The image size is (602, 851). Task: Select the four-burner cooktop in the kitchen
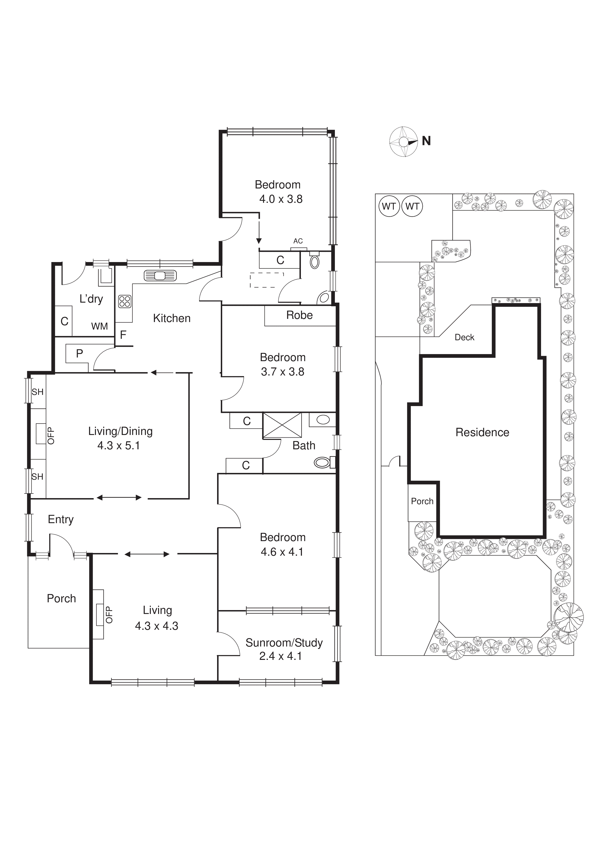coord(125,301)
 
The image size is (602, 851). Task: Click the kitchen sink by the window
coord(160,276)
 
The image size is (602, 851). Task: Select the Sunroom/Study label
coord(284,643)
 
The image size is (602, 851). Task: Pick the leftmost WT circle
coord(389,206)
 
